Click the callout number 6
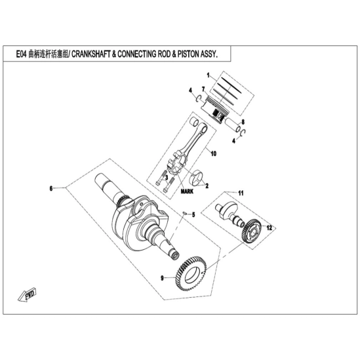[51, 188]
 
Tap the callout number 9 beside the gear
[163, 278]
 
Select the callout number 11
[241, 193]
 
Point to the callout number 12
[269, 228]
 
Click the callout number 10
[214, 153]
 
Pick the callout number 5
[193, 214]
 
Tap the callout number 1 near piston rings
[209, 75]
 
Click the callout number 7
[203, 89]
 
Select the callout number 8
[243, 122]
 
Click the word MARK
[187, 191]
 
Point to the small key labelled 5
[184, 214]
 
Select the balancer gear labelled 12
[252, 231]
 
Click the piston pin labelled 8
[232, 125]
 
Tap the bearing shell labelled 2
[198, 178]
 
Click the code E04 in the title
[22, 54]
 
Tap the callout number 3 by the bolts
[167, 178]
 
